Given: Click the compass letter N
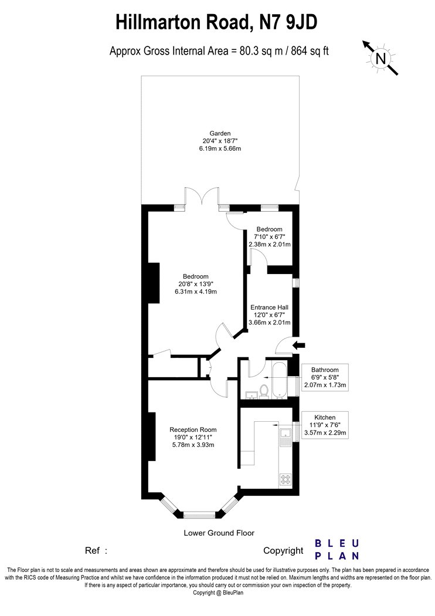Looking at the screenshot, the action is [380, 59].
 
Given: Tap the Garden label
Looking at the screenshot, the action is [220, 133].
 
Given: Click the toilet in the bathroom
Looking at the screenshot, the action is [264, 391].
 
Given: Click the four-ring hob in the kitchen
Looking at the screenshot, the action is [286, 479].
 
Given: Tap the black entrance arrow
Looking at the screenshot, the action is [299, 345].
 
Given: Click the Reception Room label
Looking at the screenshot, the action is [193, 430].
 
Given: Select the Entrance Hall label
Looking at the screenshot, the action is [269, 307].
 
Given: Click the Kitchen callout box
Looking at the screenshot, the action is [325, 425].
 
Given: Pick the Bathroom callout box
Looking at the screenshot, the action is [325, 377].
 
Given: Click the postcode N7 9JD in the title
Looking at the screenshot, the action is [288, 22].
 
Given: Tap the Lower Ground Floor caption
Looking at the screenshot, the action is [219, 533].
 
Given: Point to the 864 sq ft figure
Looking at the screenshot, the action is [310, 51].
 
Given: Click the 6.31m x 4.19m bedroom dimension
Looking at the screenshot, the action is [196, 292].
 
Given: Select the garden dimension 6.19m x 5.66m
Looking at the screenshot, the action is [220, 148].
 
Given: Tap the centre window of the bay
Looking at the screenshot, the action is [199, 515].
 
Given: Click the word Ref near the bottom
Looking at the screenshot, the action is [92, 551].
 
